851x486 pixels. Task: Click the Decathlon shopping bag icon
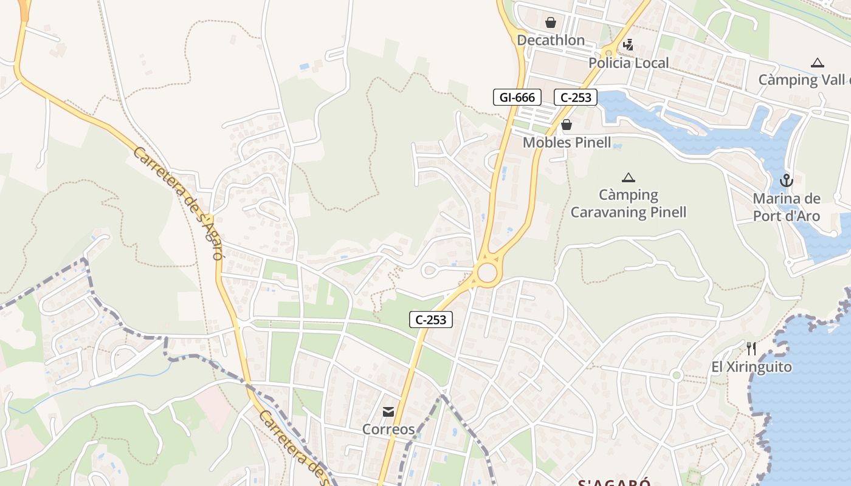click(551, 23)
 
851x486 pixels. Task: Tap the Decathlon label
click(551, 41)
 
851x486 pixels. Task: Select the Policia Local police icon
click(628, 45)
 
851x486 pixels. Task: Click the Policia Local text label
click(629, 63)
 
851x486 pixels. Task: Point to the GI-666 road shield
click(517, 97)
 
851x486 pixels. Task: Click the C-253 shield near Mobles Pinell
click(576, 97)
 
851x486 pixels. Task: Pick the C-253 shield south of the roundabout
click(431, 320)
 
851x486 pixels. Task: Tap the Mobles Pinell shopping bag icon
click(567, 125)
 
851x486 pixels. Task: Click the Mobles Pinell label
click(567, 143)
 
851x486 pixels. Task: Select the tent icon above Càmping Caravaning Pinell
click(629, 177)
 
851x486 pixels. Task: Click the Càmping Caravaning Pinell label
click(629, 204)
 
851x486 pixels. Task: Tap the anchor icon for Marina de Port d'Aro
click(787, 181)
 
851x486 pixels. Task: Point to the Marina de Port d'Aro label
click(787, 207)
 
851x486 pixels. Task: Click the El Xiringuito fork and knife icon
click(752, 349)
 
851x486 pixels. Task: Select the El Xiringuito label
click(752, 367)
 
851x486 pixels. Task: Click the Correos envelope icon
click(388, 412)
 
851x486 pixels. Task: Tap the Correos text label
click(388, 430)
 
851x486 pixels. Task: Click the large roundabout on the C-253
click(487, 273)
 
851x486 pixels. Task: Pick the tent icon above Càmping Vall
click(818, 63)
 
